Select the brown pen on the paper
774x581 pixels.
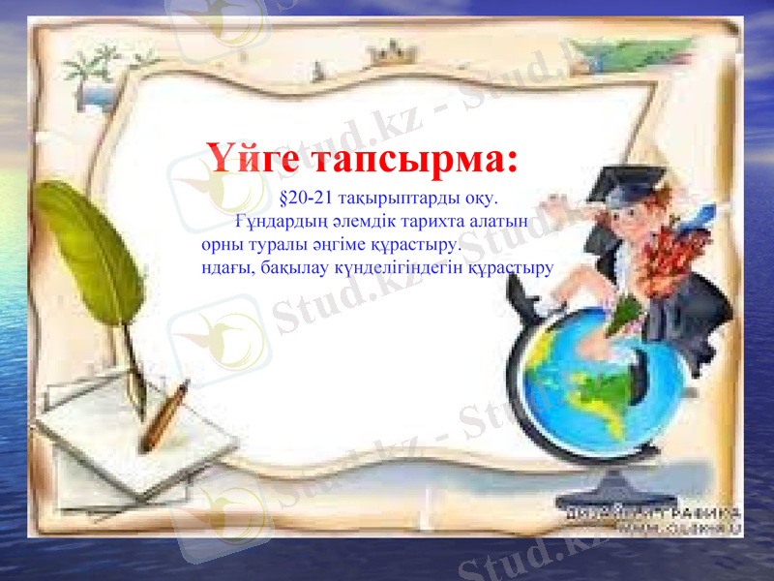[x=164, y=417]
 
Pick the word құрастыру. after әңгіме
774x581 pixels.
[x=418, y=244]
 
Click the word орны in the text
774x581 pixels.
[x=222, y=244]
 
